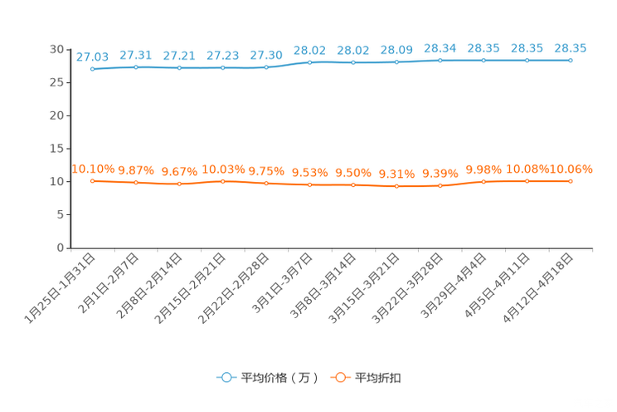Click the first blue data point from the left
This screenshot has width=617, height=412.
point(92,69)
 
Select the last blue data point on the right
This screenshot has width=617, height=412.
point(571,60)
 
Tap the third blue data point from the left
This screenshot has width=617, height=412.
point(179,67)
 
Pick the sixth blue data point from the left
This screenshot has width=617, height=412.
point(309,62)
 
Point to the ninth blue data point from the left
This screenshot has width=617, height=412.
point(440,61)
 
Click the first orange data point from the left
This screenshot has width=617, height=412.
point(92,180)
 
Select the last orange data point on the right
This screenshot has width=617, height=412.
point(571,180)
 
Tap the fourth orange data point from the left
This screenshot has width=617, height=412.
point(222,180)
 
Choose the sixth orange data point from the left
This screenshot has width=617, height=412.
point(309,184)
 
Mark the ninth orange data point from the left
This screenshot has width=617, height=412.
point(440,186)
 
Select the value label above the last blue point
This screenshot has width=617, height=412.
point(571,48)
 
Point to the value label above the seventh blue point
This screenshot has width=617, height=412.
point(353,50)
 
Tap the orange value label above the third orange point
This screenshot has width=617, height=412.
point(179,171)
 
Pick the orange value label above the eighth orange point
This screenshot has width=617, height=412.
point(396,174)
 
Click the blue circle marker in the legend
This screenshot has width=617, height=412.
point(226,377)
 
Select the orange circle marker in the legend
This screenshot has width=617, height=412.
point(340,377)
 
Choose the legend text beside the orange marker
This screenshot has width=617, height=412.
point(378,378)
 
